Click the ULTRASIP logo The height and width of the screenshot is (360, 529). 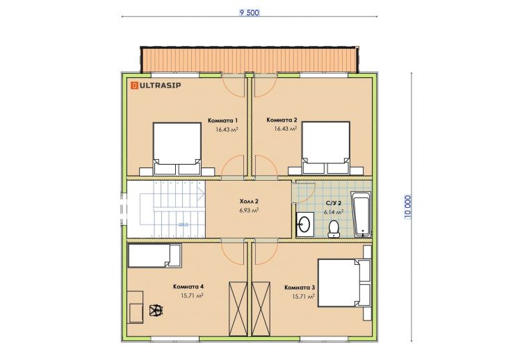[156, 85]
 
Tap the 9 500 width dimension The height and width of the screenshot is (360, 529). [250, 13]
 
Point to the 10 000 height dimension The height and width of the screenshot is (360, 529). [408, 207]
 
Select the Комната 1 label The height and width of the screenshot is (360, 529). [223, 120]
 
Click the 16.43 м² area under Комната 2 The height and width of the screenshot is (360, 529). [286, 129]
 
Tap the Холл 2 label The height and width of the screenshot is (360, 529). [249, 202]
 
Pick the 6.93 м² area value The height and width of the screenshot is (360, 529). [249, 210]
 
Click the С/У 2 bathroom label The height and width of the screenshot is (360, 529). [334, 203]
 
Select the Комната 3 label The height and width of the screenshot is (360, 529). [300, 288]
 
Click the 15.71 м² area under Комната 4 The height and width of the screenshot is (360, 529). [192, 296]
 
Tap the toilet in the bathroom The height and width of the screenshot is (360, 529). [334, 229]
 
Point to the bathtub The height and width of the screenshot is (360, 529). [361, 215]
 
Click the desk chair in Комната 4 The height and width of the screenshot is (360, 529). [156, 311]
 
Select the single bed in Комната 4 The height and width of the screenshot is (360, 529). [155, 256]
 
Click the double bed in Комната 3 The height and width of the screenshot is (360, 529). [340, 283]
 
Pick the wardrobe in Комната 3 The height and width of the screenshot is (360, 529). [261, 309]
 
